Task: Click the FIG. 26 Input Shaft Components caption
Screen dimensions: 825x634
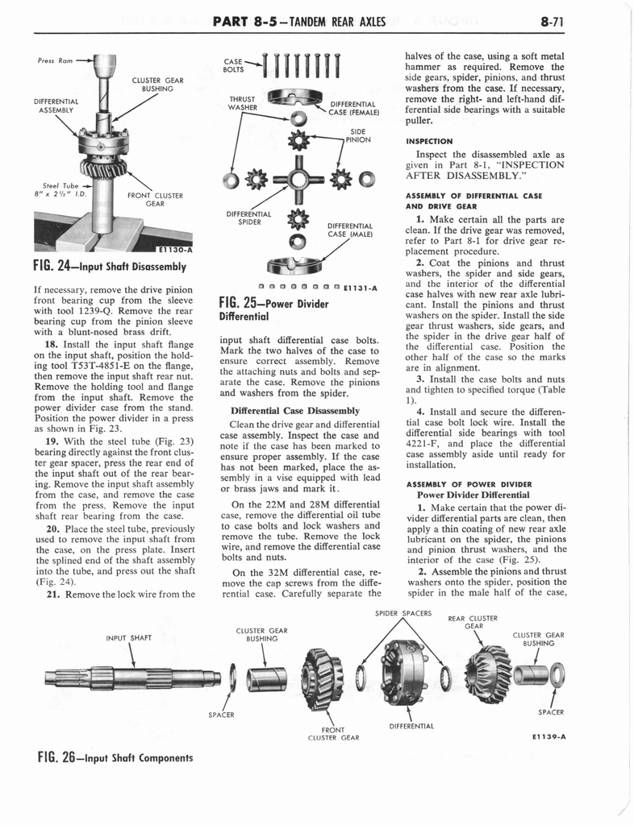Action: point(115,758)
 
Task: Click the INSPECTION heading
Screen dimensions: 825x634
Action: point(429,140)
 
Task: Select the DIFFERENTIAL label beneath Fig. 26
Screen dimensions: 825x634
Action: point(413,726)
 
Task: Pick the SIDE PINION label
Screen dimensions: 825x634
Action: point(357,135)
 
